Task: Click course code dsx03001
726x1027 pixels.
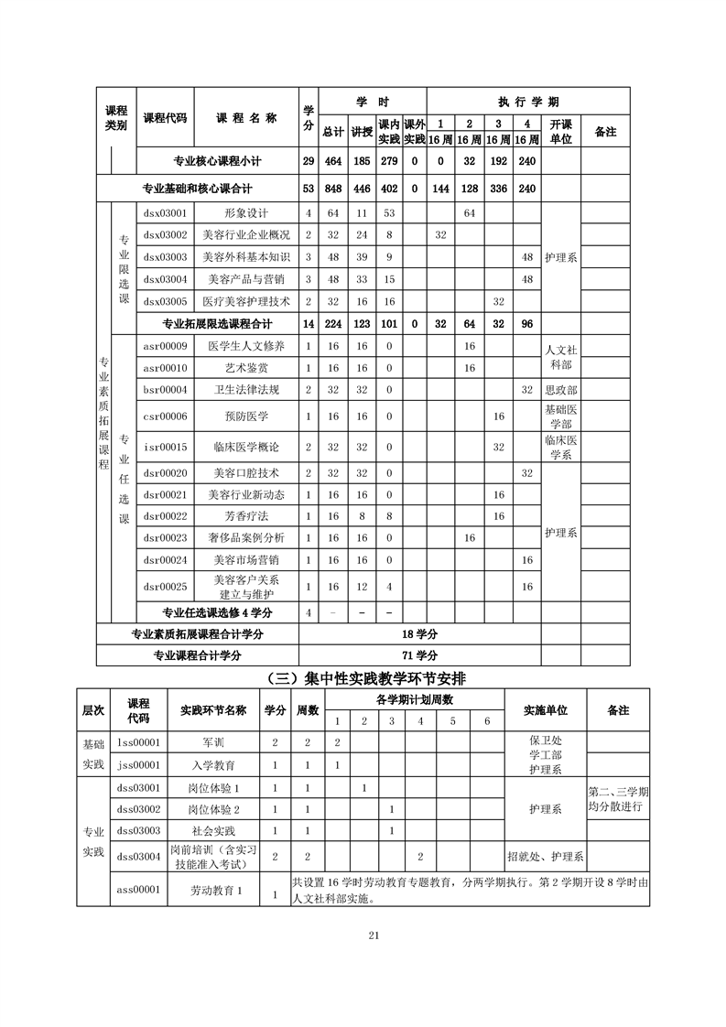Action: tap(165, 213)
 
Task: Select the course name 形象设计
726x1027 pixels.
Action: tap(246, 213)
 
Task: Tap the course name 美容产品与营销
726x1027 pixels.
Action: tap(246, 279)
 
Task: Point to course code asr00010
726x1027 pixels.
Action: tap(165, 368)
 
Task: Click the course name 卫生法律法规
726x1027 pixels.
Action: tap(246, 390)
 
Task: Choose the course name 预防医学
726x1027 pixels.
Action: tap(246, 416)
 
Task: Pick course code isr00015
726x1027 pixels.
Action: tap(165, 447)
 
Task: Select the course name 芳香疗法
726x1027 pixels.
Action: tap(246, 516)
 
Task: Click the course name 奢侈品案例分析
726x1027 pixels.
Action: tap(246, 537)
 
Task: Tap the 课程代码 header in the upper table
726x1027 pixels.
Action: tap(165, 118)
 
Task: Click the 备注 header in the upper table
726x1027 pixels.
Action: tap(605, 131)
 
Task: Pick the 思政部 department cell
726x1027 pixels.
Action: tap(560, 390)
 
